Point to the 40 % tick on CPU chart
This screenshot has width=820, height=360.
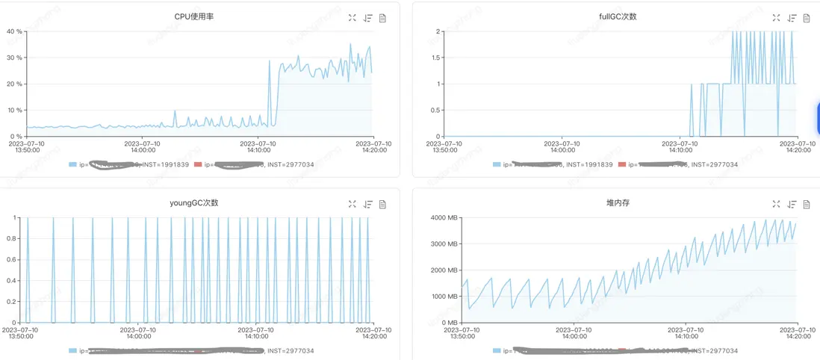point(14,31)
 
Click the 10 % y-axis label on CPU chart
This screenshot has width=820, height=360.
point(14,111)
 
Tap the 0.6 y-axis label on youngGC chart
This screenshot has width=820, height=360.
point(12,260)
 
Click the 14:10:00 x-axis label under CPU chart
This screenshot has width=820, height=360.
point(258,146)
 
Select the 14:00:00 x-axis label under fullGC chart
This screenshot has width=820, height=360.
point(563,146)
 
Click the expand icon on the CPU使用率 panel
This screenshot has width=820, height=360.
point(352,18)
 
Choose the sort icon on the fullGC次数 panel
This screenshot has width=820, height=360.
point(792,18)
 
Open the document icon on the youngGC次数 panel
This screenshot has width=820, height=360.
point(382,204)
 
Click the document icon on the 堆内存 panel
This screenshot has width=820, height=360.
point(807,204)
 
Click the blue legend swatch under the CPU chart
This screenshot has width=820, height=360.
point(72,164)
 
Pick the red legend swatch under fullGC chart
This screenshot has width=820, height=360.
point(622,164)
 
